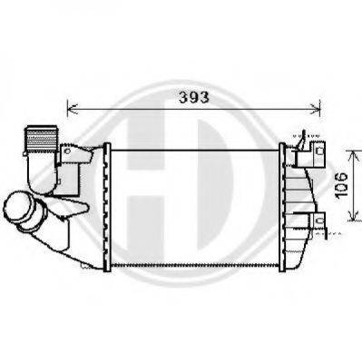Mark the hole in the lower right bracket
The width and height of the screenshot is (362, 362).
319,220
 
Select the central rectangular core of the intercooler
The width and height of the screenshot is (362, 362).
195,205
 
